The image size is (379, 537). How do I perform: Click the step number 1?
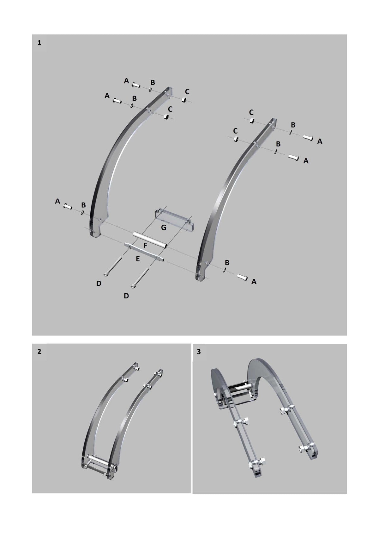(x=39, y=43)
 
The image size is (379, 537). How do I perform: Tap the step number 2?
(x=39, y=352)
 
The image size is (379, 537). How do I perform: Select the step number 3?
(x=199, y=352)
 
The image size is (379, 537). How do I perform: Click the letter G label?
(x=164, y=228)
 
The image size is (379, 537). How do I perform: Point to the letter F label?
(x=145, y=246)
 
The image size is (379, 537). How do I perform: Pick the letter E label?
(x=138, y=259)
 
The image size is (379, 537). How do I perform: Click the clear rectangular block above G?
(x=174, y=219)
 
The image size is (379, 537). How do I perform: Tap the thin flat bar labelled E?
(x=144, y=252)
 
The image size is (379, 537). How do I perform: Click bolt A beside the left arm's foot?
(x=68, y=206)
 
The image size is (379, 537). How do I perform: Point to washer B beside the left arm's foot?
(x=82, y=213)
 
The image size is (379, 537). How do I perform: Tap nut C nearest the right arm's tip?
(x=252, y=120)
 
